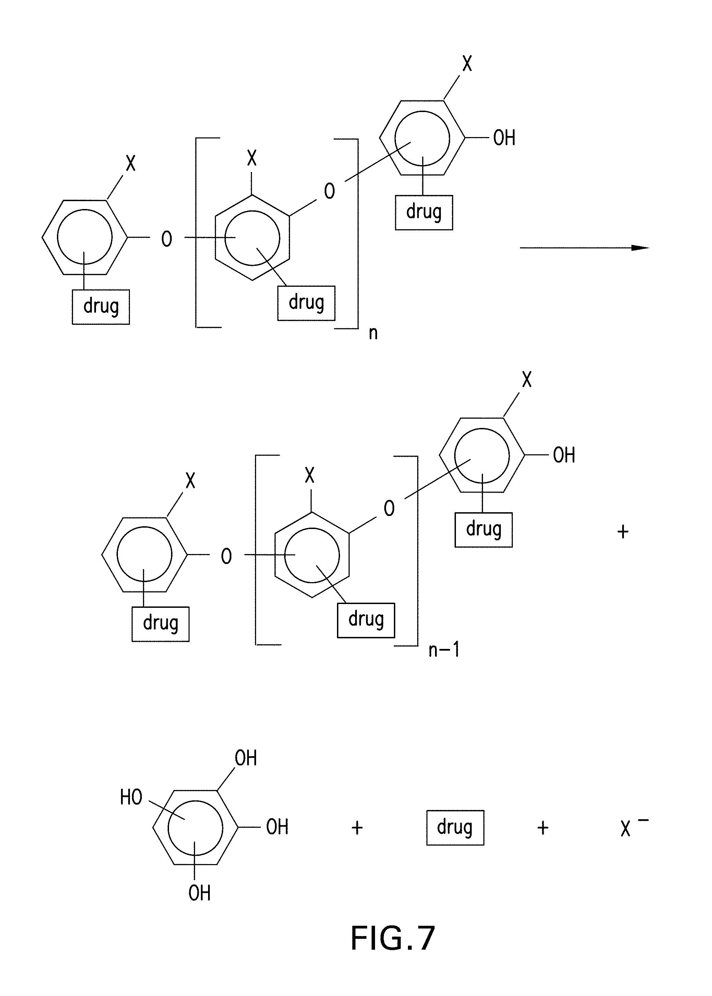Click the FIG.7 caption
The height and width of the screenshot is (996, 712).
pos(393,938)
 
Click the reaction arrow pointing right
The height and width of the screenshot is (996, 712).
pos(584,248)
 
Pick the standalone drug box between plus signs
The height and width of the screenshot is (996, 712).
pos(455,827)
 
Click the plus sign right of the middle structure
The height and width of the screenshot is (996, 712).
pos(623,532)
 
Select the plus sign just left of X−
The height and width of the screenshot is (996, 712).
pos(543,828)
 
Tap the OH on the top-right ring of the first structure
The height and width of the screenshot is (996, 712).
pos(504,138)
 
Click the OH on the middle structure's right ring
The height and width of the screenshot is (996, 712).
pos(564,455)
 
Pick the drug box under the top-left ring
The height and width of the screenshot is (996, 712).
pos(101,306)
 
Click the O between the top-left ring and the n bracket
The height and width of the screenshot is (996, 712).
pos(167,239)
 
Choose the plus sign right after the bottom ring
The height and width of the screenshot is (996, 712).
pos(357,828)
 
